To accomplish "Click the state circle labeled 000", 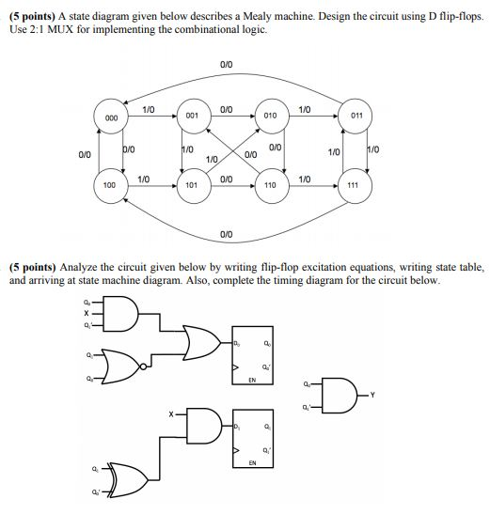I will pyautogui.click(x=110, y=117).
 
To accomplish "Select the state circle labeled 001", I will pyautogui.click(x=191, y=115).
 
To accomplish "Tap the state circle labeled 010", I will pyautogui.click(x=269, y=115).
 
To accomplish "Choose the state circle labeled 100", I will pyautogui.click(x=110, y=185).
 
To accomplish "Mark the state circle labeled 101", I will pyautogui.click(x=191, y=185).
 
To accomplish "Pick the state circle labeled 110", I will pyautogui.click(x=269, y=185).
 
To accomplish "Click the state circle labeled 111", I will pyautogui.click(x=352, y=186).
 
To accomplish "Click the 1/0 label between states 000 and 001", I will pyautogui.click(x=149, y=110).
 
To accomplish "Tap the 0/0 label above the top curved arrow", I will pyautogui.click(x=226, y=64).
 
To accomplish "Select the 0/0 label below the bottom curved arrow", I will pyautogui.click(x=226, y=232).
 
